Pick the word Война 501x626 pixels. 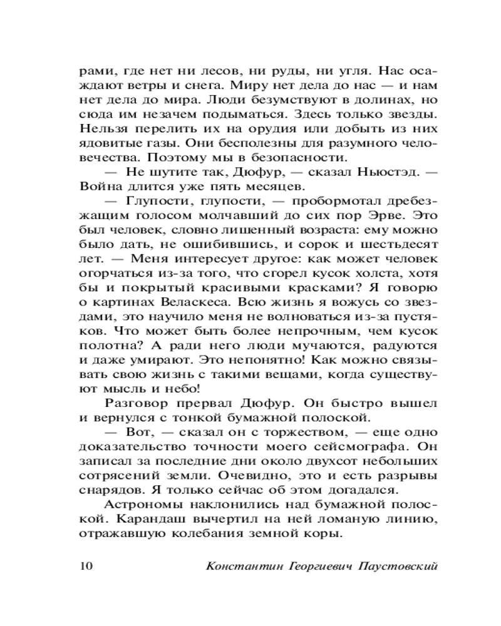pos(98,186)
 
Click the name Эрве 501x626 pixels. pos(379,215)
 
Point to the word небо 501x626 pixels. pos(163,387)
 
